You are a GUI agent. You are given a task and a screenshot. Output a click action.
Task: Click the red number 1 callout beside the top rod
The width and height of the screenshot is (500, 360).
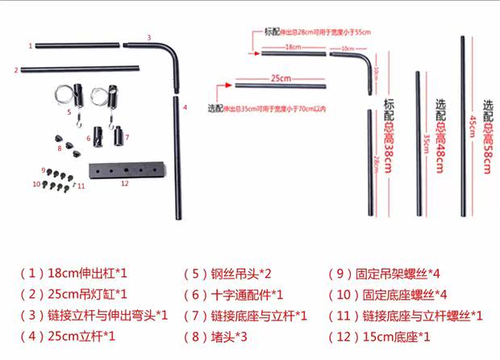31,46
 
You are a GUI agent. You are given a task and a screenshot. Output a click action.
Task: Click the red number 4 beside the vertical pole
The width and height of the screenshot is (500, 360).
185,107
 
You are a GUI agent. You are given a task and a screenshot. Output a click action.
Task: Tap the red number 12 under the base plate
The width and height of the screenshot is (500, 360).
124,183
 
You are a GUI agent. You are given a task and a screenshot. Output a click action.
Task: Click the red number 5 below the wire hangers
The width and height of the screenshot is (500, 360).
69,112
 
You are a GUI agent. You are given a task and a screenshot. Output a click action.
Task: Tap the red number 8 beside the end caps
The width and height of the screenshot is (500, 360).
59,149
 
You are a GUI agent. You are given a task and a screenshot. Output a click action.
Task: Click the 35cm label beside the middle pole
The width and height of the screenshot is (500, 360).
426,141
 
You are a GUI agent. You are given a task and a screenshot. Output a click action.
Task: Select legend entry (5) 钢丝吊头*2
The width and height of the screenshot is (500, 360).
227,274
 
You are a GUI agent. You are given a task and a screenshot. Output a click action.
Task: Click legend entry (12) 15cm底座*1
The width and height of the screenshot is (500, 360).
379,336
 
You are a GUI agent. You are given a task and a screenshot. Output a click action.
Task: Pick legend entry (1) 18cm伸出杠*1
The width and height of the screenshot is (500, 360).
73,274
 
